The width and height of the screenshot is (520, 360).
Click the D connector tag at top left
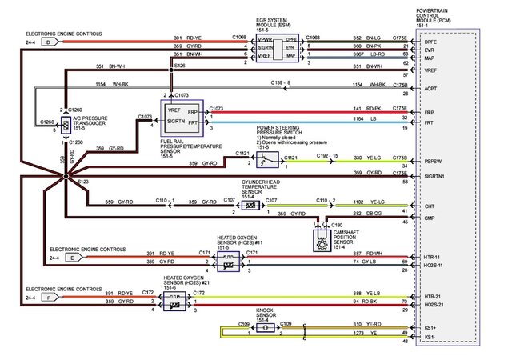(x=47, y=41)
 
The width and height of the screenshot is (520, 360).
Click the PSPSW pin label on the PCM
(x=432, y=160)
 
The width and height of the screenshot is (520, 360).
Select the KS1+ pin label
(x=430, y=327)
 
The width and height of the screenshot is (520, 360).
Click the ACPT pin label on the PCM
(x=430, y=90)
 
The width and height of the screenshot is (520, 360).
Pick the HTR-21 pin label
(x=433, y=295)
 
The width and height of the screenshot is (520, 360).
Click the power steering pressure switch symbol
(x=269, y=160)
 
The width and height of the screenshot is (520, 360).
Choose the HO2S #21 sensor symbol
(x=171, y=301)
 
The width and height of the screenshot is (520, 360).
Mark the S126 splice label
(x=179, y=65)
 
